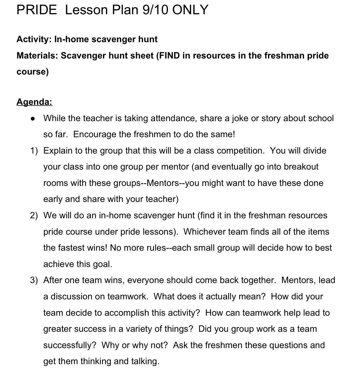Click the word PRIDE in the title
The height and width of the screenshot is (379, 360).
[37, 10]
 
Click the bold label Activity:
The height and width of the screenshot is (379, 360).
[34, 39]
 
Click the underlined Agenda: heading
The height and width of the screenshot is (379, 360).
[34, 102]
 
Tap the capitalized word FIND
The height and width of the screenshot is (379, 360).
[169, 56]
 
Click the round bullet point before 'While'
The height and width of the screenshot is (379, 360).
[33, 119]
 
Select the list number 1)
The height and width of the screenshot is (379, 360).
[34, 151]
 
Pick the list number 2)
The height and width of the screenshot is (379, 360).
[34, 215]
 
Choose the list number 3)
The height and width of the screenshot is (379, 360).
[34, 280]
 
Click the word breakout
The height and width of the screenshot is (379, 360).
[301, 167]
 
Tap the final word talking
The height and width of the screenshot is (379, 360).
[145, 361]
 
